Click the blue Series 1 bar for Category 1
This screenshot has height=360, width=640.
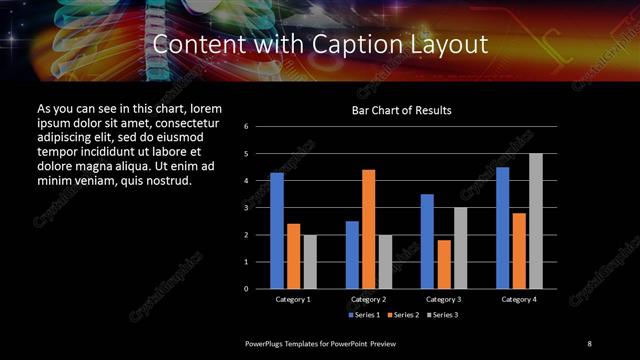pyautogui.click(x=277, y=231)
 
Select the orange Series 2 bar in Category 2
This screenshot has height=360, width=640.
pyautogui.click(x=369, y=229)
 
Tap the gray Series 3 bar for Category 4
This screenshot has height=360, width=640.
pyautogui.click(x=536, y=221)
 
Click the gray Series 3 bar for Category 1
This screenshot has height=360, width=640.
pyautogui.click(x=310, y=261)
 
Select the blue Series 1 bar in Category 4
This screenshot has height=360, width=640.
pyautogui.click(x=502, y=228)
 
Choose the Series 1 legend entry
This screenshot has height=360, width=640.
pyautogui.click(x=363, y=315)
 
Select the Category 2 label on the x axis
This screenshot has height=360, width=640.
pyautogui.click(x=369, y=299)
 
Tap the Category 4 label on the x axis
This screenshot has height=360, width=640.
pyautogui.click(x=518, y=299)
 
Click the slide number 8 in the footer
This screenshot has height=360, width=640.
pyautogui.click(x=589, y=343)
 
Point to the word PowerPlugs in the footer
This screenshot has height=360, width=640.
pyautogui.click(x=266, y=343)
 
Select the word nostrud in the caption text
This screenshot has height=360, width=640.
pyautogui.click(x=165, y=181)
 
